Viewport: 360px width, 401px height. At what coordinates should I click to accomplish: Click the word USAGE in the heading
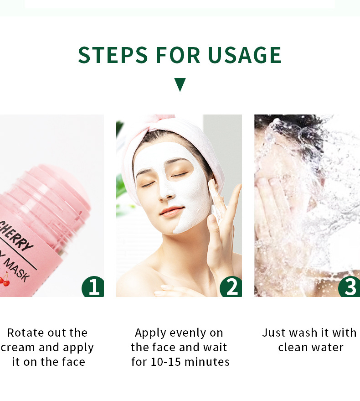click(245, 55)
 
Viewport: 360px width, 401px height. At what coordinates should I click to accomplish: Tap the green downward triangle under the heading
click(180, 84)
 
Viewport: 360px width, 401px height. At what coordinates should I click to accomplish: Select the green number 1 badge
click(93, 287)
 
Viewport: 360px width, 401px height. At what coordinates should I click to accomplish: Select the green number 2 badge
click(231, 287)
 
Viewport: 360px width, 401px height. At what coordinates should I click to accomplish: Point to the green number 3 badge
click(350, 287)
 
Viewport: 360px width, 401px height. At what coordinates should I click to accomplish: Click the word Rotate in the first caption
click(26, 333)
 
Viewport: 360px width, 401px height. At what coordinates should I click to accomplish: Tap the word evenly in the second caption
click(188, 333)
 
